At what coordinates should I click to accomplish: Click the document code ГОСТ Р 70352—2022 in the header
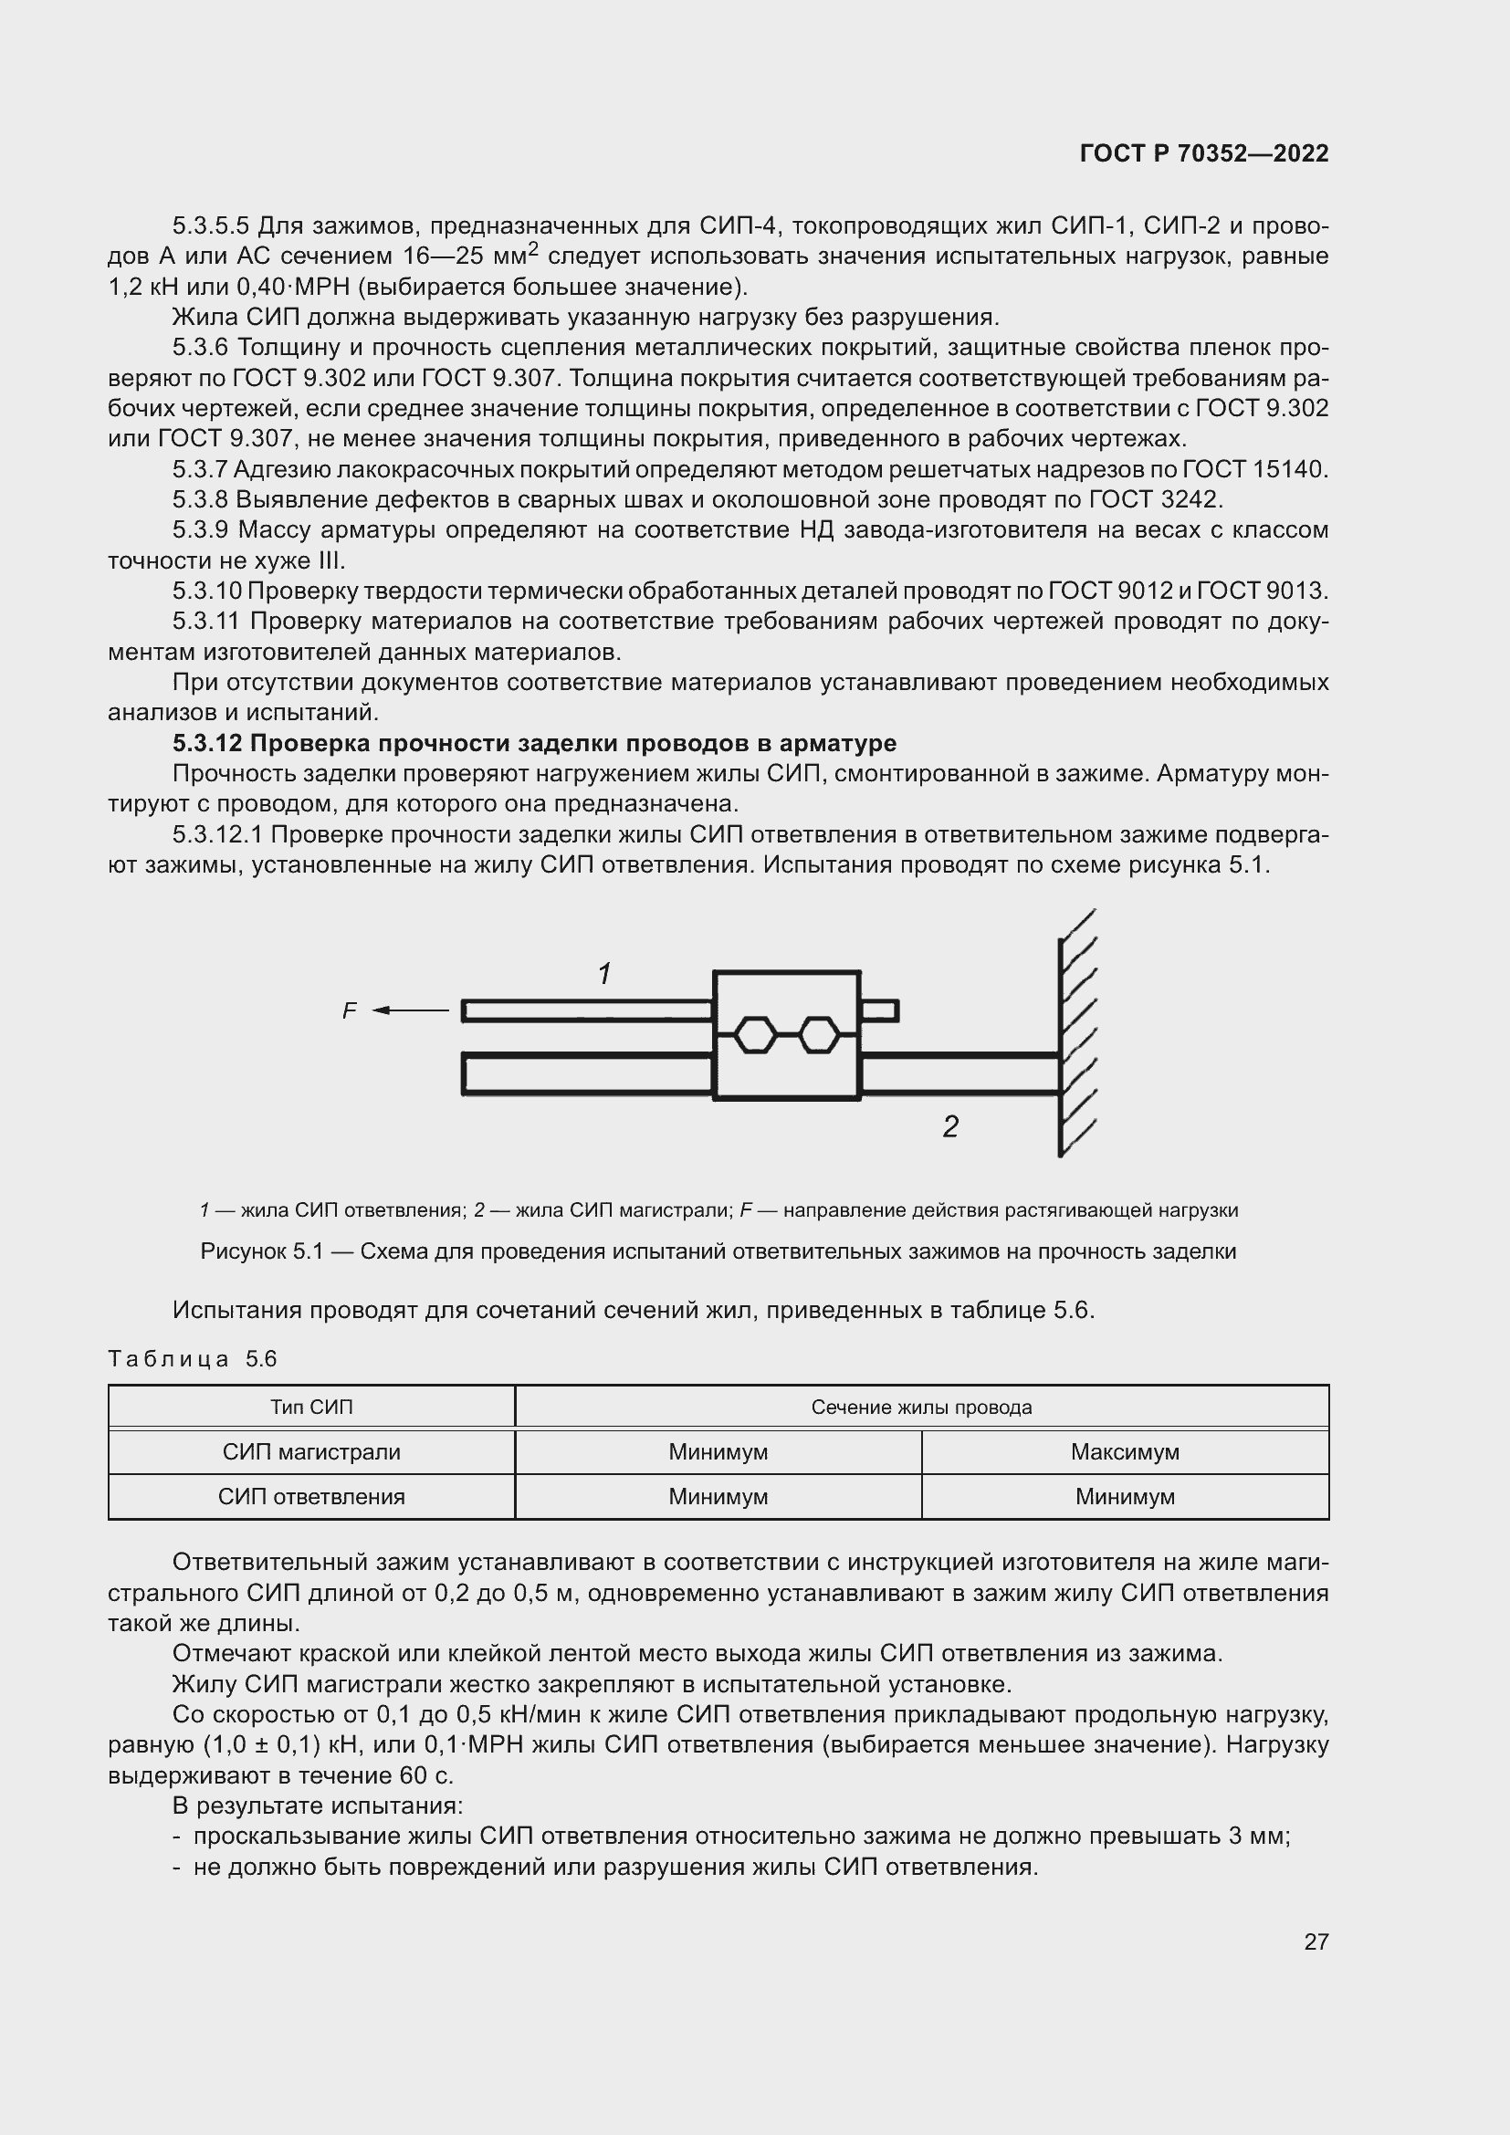[1204, 154]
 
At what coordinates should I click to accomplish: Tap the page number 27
[1316, 1941]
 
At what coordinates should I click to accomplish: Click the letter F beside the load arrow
[350, 1010]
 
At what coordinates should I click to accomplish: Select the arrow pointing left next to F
[410, 1010]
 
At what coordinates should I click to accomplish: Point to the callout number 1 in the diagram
[604, 974]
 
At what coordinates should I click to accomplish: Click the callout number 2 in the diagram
[949, 1127]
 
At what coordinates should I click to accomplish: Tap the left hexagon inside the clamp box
[754, 1034]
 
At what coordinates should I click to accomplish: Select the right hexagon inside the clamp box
[819, 1034]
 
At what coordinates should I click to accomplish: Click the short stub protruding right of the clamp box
[879, 1010]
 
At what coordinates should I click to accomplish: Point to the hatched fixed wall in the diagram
[1075, 1032]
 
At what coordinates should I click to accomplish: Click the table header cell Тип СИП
[311, 1407]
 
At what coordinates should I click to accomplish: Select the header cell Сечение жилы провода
[920, 1407]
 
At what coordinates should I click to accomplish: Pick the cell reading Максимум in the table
[1124, 1451]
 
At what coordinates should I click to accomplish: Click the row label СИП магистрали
[311, 1451]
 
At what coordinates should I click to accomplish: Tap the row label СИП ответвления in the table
[311, 1496]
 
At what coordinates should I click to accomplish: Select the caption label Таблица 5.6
[193, 1358]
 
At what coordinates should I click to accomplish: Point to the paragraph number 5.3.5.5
[211, 226]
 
